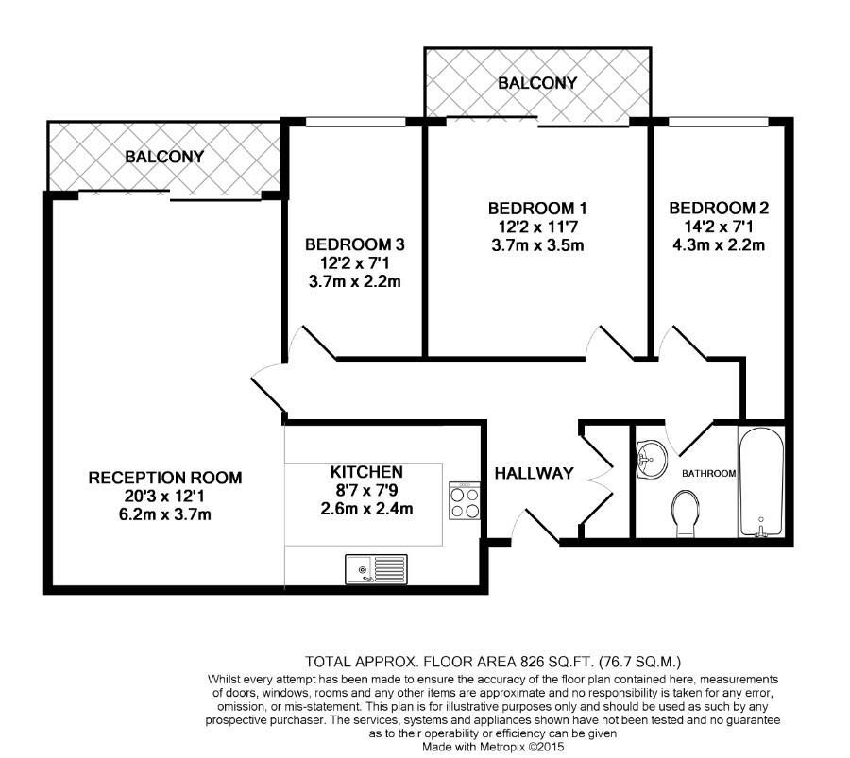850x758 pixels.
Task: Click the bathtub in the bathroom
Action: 761,481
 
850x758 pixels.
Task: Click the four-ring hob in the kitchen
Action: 465,501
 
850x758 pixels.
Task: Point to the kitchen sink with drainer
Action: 375,569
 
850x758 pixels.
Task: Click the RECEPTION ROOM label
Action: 164,478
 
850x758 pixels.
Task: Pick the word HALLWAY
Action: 535,473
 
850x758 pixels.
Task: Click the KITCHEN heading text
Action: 366,471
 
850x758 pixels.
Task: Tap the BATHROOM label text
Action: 709,473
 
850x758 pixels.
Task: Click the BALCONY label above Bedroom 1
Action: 537,83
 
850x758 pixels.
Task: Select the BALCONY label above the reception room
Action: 164,157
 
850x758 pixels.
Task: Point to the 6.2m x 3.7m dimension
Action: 164,514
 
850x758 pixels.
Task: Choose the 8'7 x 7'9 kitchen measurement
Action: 366,490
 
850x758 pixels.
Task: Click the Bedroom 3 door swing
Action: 316,343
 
